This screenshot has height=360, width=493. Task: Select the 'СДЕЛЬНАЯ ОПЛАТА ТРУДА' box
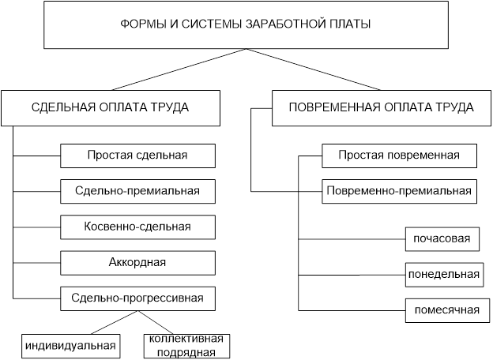click(x=110, y=107)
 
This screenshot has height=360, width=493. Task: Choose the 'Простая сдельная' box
click(x=137, y=155)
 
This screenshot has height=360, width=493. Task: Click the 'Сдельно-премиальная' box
click(x=137, y=190)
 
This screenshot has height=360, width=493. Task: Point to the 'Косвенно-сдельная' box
click(x=137, y=227)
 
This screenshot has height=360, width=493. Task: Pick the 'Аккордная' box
click(x=137, y=262)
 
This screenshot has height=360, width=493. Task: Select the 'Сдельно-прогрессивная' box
click(x=137, y=298)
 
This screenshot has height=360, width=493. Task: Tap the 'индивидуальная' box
click(x=70, y=345)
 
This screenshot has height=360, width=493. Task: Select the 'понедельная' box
click(x=442, y=274)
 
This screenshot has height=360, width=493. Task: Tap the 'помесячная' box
click(x=442, y=309)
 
